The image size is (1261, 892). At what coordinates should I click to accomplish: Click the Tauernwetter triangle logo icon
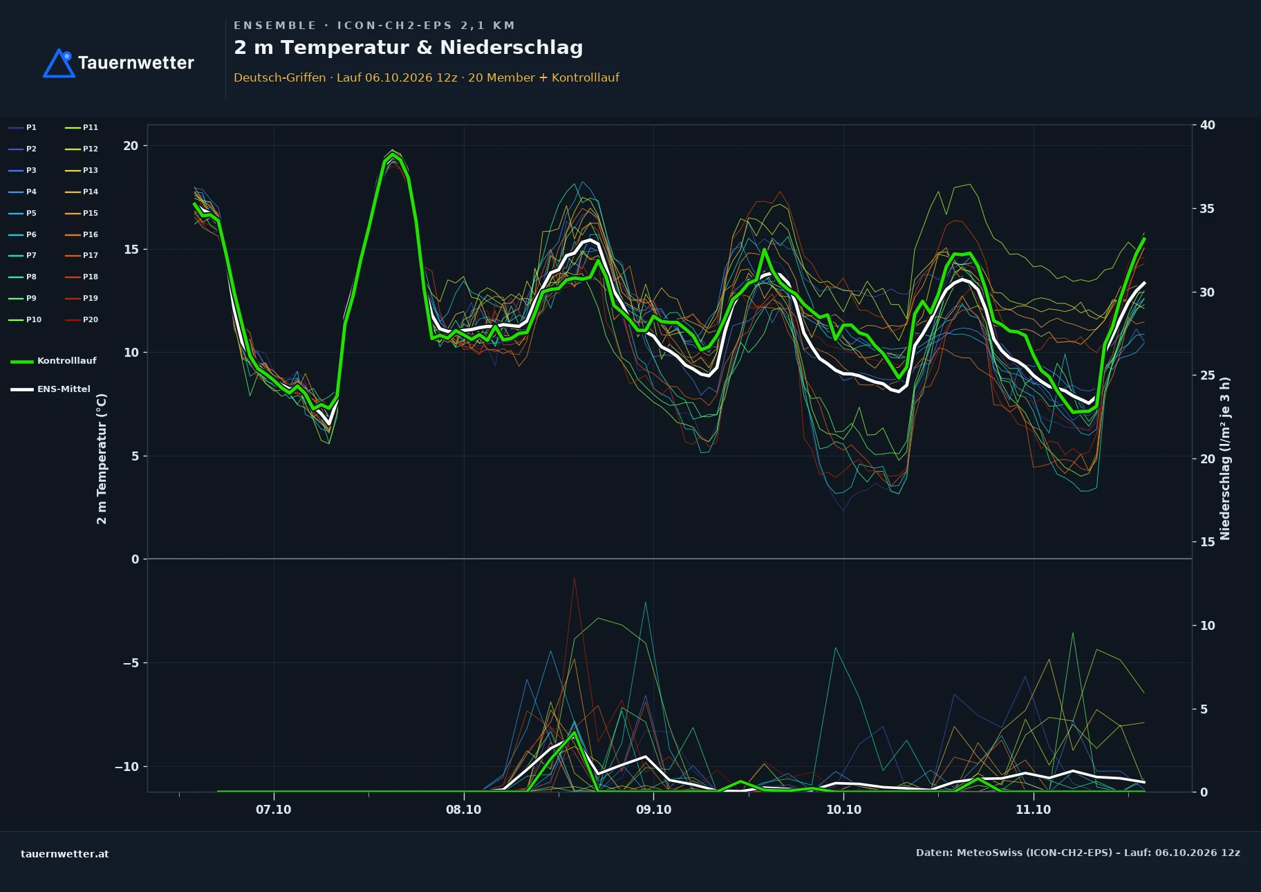coord(59,63)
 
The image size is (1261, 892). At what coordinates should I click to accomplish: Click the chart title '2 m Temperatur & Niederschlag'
coord(409,48)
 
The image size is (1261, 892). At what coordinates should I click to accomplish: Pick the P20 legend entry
coord(82,319)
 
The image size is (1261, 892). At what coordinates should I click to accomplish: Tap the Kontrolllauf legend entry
coord(53,361)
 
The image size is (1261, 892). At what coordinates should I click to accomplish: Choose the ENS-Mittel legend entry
coord(50,389)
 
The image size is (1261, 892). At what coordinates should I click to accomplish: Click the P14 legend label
coord(91,192)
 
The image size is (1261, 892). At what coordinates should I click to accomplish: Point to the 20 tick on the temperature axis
coord(131,146)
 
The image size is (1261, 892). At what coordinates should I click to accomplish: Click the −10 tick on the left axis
coord(127,766)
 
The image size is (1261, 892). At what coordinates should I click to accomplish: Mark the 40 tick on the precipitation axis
coord(1208,125)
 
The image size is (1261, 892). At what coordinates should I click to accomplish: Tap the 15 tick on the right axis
coord(1208,542)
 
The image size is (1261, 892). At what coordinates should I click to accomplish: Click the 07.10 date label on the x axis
coord(274,810)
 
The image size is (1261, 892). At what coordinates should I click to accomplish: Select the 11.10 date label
coord(1034,810)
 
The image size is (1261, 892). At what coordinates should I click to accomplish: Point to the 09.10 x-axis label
coord(653,810)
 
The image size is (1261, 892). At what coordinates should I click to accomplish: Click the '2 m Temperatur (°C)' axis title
coord(102,458)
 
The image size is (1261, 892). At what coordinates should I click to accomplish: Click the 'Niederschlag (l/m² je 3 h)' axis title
coord(1225,458)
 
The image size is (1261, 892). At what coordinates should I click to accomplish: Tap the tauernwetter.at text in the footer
coord(65,854)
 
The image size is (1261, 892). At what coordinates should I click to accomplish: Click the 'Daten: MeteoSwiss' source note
coord(1078,853)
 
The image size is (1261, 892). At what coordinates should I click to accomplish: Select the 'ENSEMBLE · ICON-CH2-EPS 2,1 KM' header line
coord(375,26)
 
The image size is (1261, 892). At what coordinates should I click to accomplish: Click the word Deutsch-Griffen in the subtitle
coord(280,77)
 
